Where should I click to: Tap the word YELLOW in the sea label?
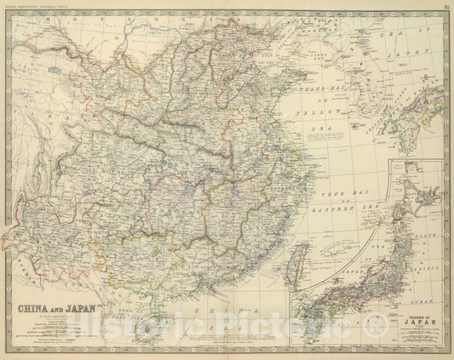click(321, 111)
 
